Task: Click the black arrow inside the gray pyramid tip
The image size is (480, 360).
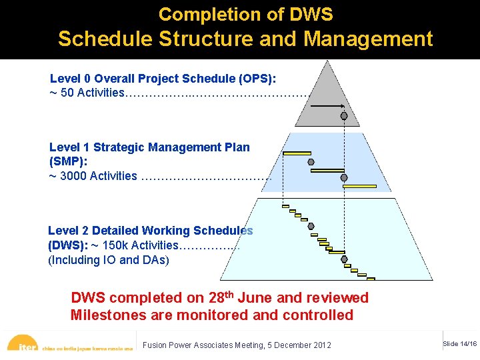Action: click(327, 106)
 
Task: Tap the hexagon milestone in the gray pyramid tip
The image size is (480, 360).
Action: click(344, 116)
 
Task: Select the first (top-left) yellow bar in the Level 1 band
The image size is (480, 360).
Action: click(297, 153)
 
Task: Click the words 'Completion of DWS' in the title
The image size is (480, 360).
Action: click(245, 14)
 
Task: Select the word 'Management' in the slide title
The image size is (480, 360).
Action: click(368, 39)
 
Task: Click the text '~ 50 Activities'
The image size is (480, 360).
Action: click(87, 93)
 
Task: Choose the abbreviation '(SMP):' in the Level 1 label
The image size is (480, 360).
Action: click(68, 161)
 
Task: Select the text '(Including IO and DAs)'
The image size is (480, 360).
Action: click(109, 260)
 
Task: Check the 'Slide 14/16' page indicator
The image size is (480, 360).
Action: click(459, 343)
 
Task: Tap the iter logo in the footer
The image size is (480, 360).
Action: click(27, 345)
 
